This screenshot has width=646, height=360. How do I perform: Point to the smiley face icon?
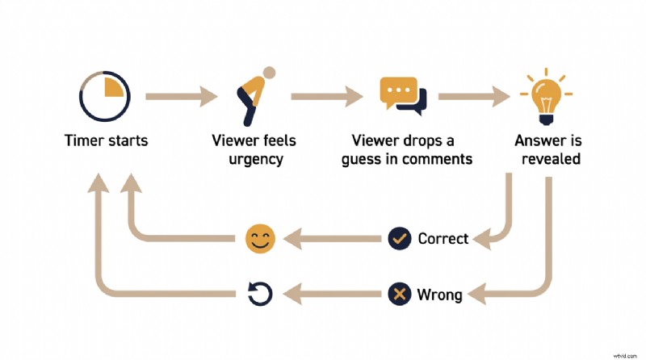[260, 238]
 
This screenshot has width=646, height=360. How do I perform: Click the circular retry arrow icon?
[260, 294]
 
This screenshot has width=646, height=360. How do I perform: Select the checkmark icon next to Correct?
[399, 238]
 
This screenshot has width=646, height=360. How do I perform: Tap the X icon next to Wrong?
[399, 294]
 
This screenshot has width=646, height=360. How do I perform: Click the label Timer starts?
[107, 140]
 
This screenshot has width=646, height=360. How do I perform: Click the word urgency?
[254, 159]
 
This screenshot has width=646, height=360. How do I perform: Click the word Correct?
[443, 239]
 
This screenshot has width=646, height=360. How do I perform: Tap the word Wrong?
[439, 295]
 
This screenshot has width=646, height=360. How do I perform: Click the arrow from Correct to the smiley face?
[334, 238]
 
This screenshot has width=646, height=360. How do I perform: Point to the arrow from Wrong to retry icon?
[334, 294]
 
